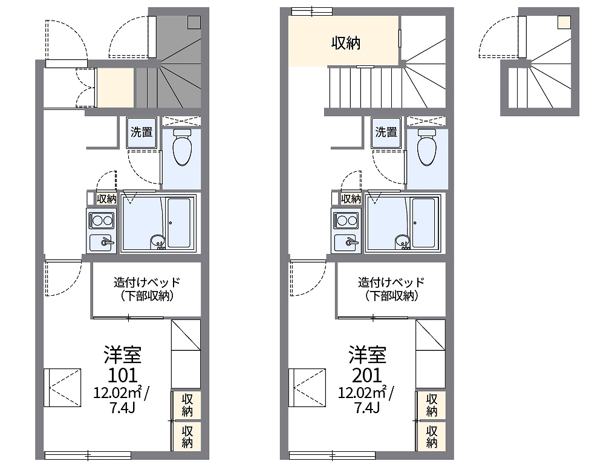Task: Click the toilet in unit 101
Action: tap(181, 148)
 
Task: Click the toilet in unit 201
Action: tap(426, 148)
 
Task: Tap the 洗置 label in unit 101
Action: tap(142, 132)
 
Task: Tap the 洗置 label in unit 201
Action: tap(386, 132)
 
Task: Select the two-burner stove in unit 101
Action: tap(102, 220)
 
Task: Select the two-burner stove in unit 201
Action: tap(346, 220)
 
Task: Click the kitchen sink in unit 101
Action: tap(102, 243)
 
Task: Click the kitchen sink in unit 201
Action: tap(346, 243)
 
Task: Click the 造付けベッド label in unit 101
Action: tap(147, 282)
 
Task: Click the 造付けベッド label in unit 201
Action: tap(391, 282)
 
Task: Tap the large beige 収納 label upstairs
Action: tap(346, 43)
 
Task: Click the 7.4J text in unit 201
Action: tap(367, 407)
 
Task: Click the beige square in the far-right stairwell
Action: tap(563, 22)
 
